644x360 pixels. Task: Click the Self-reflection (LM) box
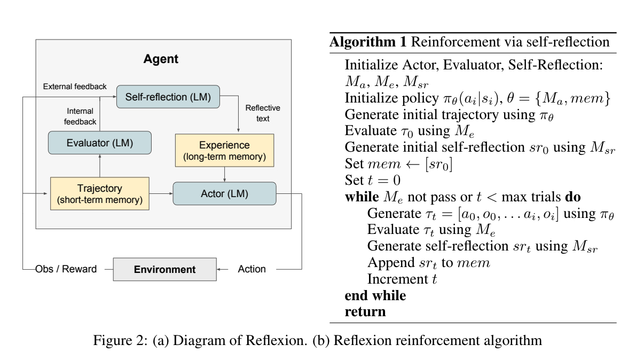click(x=168, y=97)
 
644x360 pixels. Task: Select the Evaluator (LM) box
click(x=100, y=143)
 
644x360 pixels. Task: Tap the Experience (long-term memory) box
click(x=224, y=151)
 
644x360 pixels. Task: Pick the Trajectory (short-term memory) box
click(x=100, y=193)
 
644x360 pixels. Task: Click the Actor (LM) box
click(x=224, y=193)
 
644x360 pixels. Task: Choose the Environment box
click(x=164, y=269)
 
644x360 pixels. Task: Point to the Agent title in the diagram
click(x=161, y=59)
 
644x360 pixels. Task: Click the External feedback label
click(x=75, y=87)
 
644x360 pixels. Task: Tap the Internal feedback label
click(x=80, y=116)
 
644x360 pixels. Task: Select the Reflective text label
click(x=263, y=113)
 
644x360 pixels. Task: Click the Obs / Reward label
click(x=66, y=269)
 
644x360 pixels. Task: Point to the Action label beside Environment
click(x=252, y=269)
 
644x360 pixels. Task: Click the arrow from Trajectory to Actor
click(x=161, y=193)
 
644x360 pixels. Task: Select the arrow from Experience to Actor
click(x=224, y=174)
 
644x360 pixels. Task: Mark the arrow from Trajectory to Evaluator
click(x=100, y=166)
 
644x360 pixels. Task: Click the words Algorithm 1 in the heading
click(x=368, y=42)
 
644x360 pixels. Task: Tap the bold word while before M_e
click(x=362, y=197)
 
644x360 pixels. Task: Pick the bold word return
click(x=365, y=312)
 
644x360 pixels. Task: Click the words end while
click(x=375, y=295)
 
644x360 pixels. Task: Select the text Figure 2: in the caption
click(x=120, y=340)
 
